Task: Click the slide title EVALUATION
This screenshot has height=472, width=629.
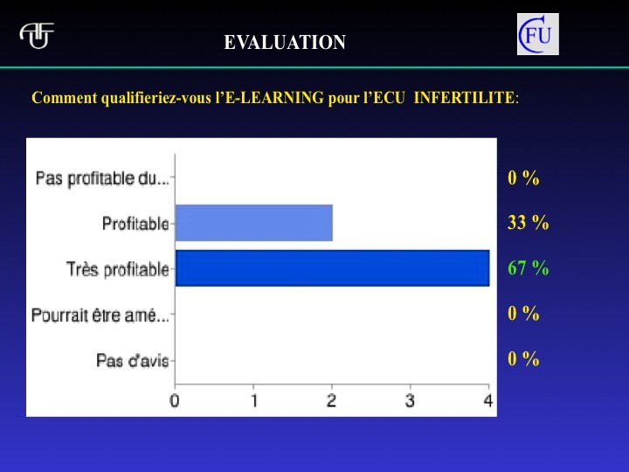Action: (285, 42)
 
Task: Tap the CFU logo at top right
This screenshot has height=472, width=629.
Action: (537, 34)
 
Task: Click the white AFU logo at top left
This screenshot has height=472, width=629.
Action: (37, 36)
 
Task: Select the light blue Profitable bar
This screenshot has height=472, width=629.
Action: (254, 223)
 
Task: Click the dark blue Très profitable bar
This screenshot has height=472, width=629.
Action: (333, 268)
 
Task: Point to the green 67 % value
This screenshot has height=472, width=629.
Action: (528, 267)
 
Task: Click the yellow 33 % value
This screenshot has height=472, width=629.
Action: (528, 222)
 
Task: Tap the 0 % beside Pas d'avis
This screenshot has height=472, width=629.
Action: (523, 358)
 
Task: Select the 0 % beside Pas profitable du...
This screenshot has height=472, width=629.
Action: (523, 177)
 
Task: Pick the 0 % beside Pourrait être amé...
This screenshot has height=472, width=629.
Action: (523, 313)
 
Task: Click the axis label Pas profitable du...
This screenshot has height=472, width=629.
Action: (102, 178)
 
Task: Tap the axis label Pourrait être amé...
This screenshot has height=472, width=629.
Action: (100, 315)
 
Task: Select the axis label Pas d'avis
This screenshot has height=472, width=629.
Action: (133, 360)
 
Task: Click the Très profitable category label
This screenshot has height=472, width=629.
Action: (118, 269)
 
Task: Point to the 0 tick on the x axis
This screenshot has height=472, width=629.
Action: (175, 400)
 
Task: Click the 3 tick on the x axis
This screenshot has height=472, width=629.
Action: (410, 400)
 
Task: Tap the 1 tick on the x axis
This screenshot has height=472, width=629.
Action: (254, 400)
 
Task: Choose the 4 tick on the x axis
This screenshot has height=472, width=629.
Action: (487, 400)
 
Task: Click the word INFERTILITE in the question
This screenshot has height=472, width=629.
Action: (464, 98)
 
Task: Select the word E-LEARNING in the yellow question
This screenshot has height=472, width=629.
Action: (274, 98)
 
